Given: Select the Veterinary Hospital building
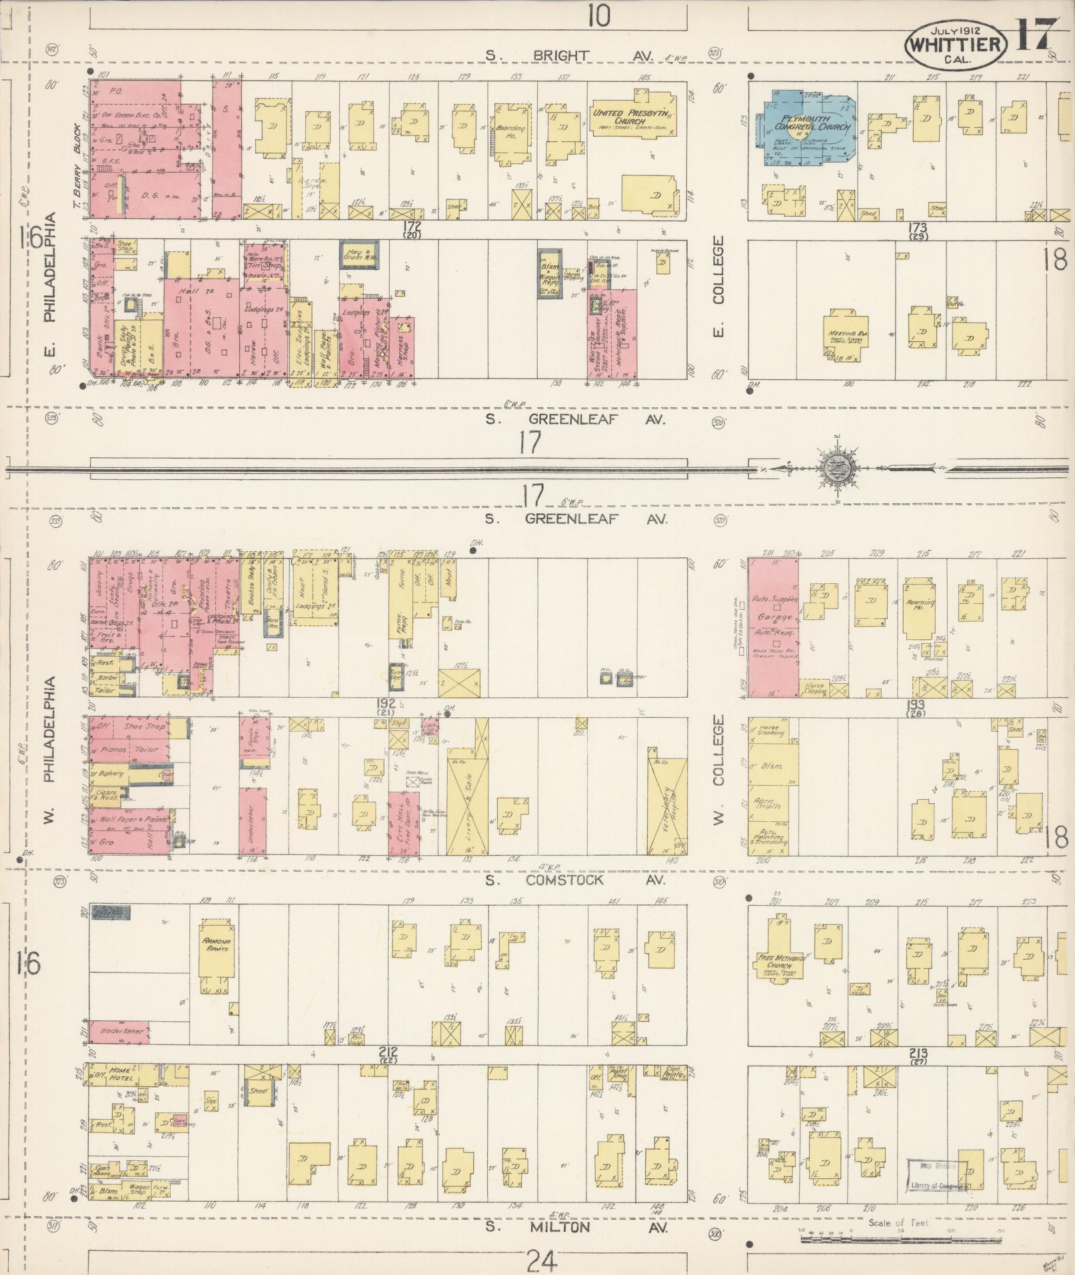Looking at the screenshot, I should pyautogui.click(x=667, y=805).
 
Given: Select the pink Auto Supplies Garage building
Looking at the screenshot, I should pyautogui.click(x=773, y=627).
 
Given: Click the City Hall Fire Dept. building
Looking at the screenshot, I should pyautogui.click(x=404, y=823).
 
